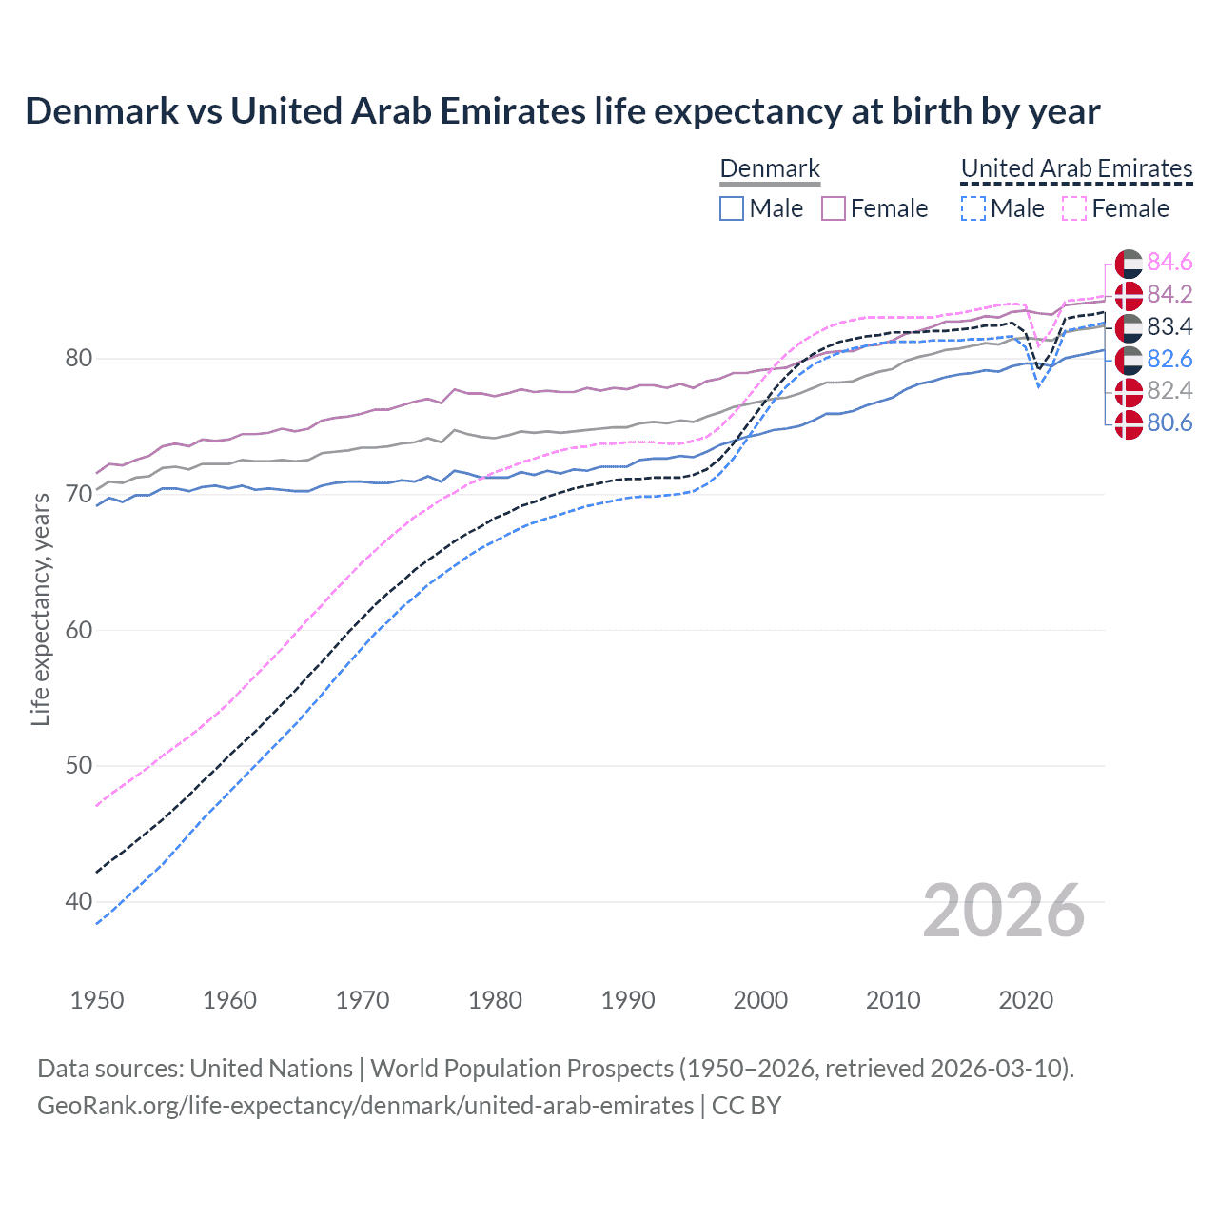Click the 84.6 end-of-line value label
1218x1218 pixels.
click(x=1169, y=262)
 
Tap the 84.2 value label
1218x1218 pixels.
click(x=1169, y=294)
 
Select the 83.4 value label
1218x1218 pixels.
click(x=1169, y=326)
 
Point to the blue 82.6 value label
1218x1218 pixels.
click(x=1169, y=359)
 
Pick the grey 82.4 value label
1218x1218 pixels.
click(x=1169, y=390)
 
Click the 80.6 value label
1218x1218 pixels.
click(x=1169, y=422)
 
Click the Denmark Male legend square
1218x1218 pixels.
click(x=732, y=208)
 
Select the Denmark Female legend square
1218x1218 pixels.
click(x=834, y=208)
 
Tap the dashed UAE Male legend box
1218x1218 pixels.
click(x=972, y=208)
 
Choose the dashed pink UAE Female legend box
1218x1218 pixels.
click(x=1074, y=208)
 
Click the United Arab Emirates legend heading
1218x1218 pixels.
click(x=1076, y=168)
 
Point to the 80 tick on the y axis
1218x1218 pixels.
click(x=78, y=359)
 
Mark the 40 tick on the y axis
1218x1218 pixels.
click(x=78, y=901)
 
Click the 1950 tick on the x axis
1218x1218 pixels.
click(x=97, y=1000)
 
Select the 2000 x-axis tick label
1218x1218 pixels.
click(x=760, y=1000)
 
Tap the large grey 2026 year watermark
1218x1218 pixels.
click(x=1004, y=911)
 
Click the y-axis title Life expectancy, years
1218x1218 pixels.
click(x=40, y=609)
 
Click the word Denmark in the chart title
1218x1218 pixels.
click(x=102, y=111)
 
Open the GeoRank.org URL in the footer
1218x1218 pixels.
click(x=365, y=1106)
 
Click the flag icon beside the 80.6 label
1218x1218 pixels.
click(x=1129, y=423)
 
